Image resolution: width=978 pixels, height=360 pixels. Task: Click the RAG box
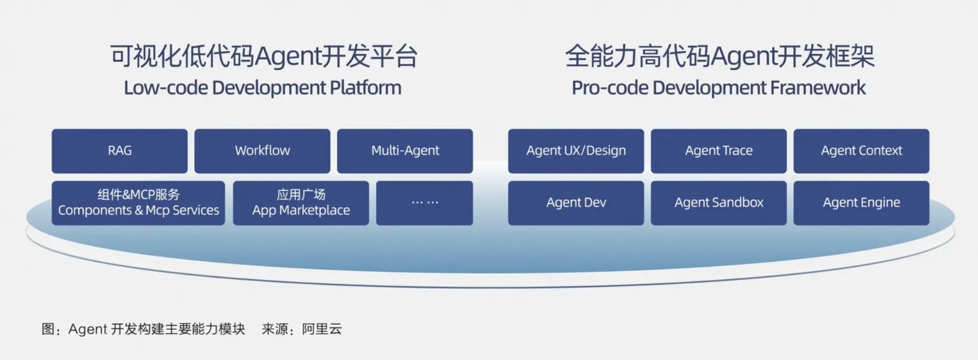[120, 151]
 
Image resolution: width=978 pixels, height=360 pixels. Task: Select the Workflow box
[262, 151]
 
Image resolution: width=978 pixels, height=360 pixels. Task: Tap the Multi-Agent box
[405, 151]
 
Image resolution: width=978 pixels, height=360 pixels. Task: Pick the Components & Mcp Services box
[138, 203]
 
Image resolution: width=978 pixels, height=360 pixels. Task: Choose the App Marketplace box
[301, 203]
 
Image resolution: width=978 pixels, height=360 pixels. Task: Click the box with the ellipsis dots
[424, 203]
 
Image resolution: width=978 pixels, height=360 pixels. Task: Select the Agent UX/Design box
[576, 151]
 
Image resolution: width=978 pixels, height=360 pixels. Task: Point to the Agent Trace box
[718, 151]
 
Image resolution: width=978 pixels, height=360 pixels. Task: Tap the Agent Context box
[861, 151]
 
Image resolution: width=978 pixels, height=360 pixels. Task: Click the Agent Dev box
[576, 203]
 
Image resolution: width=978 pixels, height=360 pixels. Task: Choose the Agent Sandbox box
[718, 203]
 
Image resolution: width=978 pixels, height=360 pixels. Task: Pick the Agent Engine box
[861, 203]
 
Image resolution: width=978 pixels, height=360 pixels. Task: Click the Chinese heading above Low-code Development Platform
[263, 56]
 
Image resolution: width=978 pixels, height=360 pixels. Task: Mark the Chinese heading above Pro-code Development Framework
[720, 56]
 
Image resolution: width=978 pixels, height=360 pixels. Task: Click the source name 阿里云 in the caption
[322, 329]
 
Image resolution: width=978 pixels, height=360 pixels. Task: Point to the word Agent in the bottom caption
[87, 329]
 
